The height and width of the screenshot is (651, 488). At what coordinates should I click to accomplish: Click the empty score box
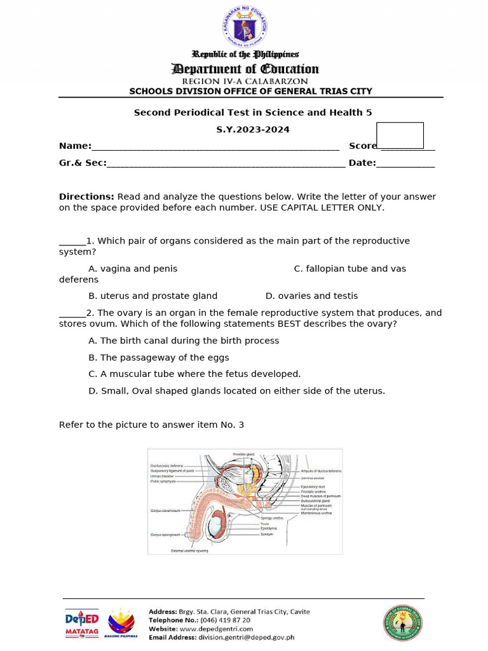tap(400, 135)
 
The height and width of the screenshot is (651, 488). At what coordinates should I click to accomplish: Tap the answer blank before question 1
tap(72, 242)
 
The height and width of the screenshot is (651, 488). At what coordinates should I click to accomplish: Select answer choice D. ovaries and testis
tap(311, 296)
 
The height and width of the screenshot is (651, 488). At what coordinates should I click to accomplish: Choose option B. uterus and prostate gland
tap(152, 296)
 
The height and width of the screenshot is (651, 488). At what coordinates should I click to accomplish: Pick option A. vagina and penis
tap(133, 269)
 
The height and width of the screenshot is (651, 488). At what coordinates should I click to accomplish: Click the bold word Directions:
tap(86, 197)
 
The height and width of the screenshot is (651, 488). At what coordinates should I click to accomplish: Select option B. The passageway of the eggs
tap(158, 358)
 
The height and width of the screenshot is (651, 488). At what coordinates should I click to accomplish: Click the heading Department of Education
tap(245, 69)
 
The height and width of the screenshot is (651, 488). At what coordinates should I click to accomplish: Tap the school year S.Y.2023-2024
tap(252, 130)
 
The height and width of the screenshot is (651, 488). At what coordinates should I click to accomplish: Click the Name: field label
tap(75, 146)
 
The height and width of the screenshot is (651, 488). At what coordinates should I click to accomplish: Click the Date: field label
tap(362, 163)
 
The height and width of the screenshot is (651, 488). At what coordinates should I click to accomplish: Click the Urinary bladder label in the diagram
tap(162, 476)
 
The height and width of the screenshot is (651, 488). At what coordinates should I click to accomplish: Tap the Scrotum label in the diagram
tap(267, 534)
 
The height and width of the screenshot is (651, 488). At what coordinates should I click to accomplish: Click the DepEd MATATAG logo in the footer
tap(82, 623)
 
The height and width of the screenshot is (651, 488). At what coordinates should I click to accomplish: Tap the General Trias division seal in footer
tap(402, 622)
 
